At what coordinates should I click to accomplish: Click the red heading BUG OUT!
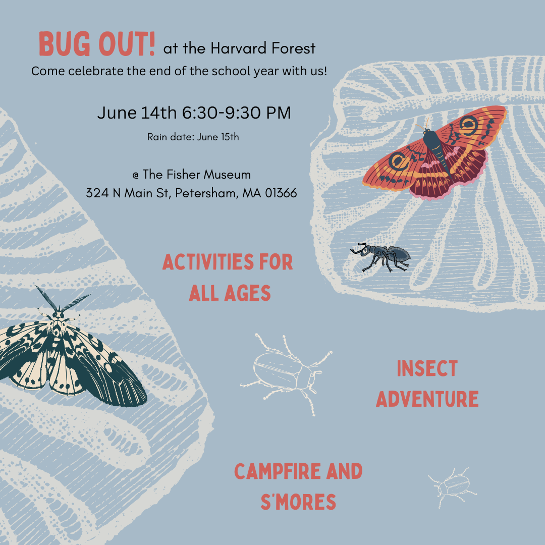[97, 45]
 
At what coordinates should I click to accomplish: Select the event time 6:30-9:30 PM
[237, 113]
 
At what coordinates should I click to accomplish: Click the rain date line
[193, 137]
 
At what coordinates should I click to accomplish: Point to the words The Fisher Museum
[197, 175]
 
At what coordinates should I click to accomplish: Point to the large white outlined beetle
[285, 371]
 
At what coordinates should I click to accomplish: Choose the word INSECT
[427, 369]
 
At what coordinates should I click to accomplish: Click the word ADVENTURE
[427, 399]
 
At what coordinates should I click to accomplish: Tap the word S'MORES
[298, 502]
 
